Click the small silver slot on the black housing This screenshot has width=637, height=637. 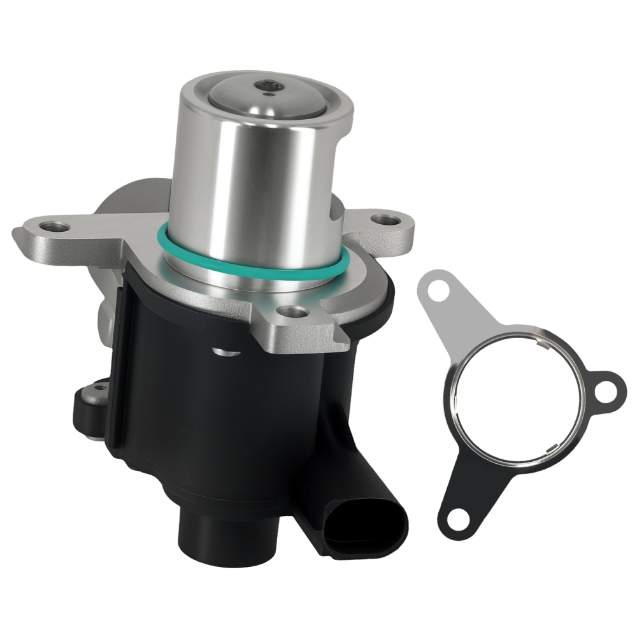coord(224,350)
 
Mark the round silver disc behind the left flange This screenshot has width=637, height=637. coord(124,194)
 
